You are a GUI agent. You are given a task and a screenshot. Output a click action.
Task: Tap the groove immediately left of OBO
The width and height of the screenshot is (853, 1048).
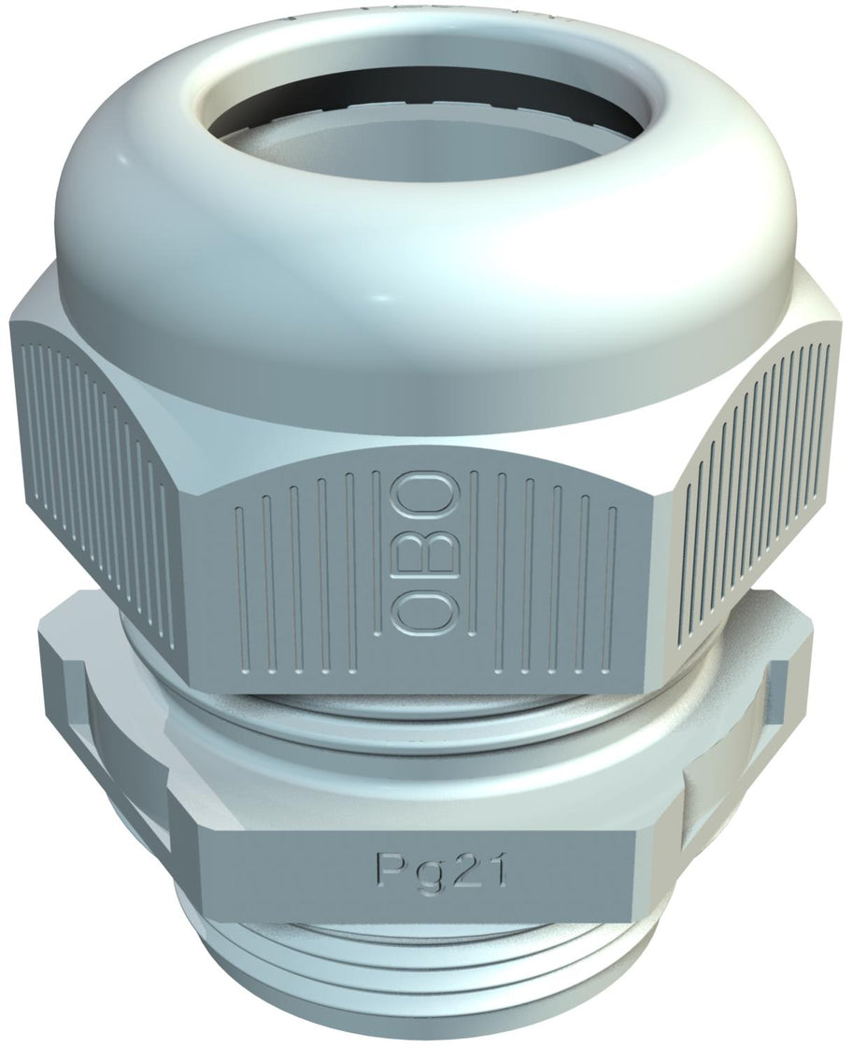[375, 570]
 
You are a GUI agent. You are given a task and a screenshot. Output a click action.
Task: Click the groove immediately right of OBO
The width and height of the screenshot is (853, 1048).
[474, 570]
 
